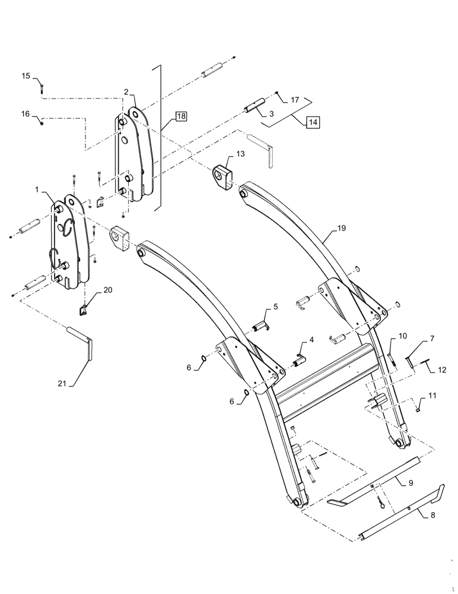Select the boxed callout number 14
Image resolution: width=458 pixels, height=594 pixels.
pos(313,122)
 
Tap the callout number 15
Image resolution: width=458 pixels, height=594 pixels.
pos(26,75)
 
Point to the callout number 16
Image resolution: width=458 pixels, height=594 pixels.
pos(26,113)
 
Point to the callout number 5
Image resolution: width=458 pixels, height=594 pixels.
pos(275,307)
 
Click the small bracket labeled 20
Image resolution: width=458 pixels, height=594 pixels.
pos(84,309)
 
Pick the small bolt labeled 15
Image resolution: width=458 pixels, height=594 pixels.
pos(42,89)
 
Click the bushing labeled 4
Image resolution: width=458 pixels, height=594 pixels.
pos(299,359)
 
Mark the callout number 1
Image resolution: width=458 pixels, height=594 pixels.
pos(37,191)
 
